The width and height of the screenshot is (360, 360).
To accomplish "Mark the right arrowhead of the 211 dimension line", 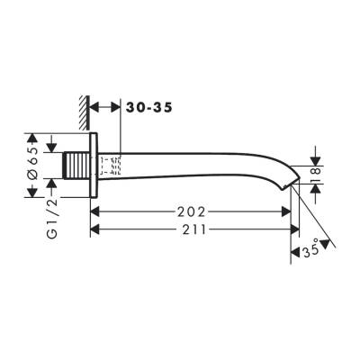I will (x=292, y=229).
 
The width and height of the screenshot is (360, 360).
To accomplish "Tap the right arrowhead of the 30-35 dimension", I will (x=115, y=107).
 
